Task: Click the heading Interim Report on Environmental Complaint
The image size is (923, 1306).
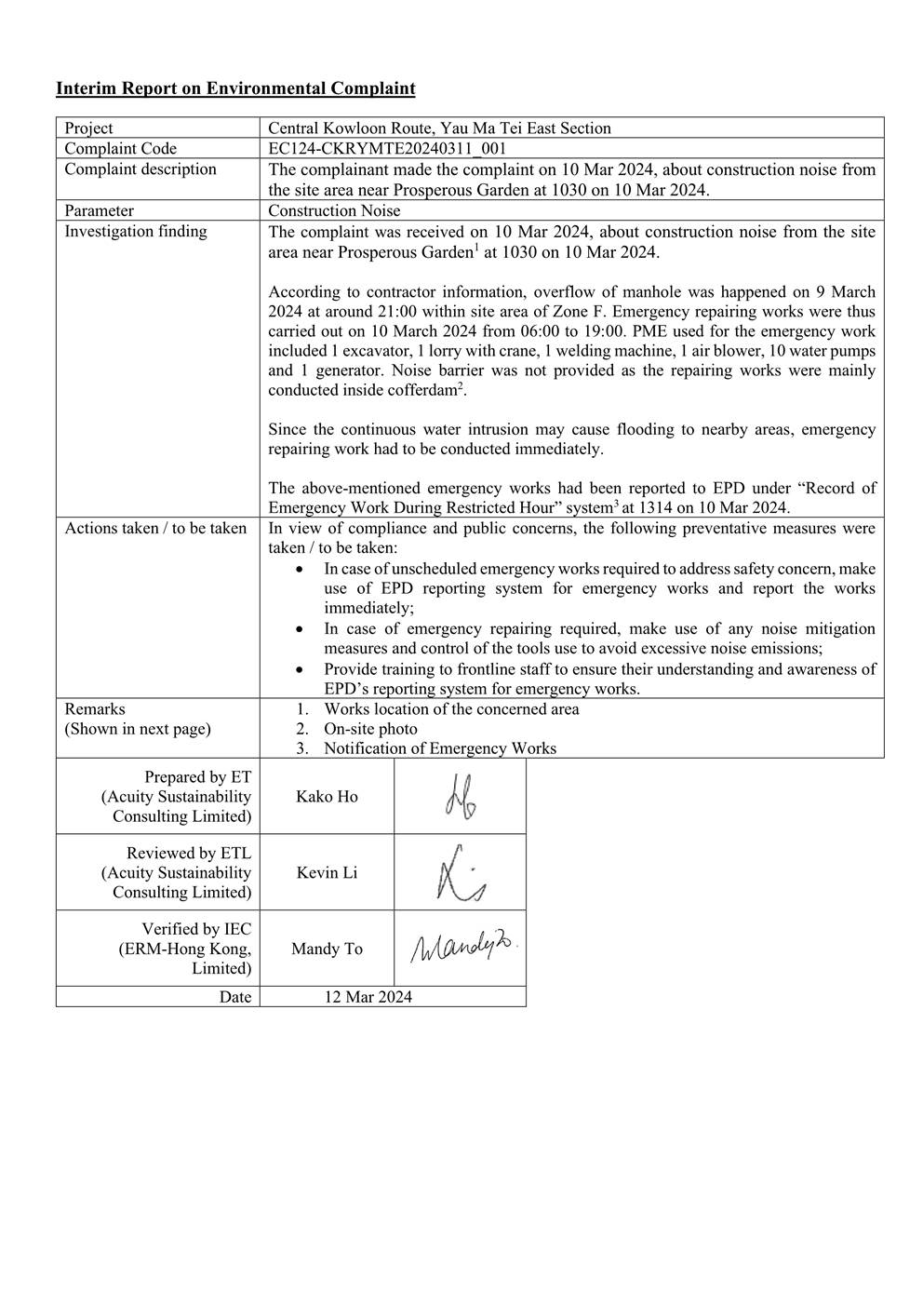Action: coord(235,88)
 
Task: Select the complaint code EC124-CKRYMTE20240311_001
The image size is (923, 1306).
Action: coord(387,148)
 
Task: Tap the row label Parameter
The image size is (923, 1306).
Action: coord(99,210)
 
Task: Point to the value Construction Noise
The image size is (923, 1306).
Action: coord(334,210)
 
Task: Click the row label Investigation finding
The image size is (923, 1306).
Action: coord(136,231)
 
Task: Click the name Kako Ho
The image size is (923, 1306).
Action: coord(327,796)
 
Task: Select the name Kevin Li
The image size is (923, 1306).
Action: coord(327,872)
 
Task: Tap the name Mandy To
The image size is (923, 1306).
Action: coord(327,949)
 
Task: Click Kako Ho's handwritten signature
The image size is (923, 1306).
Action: coord(461,797)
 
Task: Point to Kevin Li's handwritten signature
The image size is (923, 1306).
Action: coord(461,873)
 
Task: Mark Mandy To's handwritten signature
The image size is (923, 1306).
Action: coord(462,948)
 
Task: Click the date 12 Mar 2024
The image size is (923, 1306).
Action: coord(368,997)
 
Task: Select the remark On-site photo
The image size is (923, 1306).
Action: coord(370,729)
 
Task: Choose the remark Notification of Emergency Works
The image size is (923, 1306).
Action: coord(439,748)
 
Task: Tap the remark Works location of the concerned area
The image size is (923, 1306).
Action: coord(451,709)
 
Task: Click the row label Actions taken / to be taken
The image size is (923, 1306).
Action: coord(155,528)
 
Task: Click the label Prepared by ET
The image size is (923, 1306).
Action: coord(197,776)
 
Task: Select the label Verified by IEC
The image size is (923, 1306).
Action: coord(196,928)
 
